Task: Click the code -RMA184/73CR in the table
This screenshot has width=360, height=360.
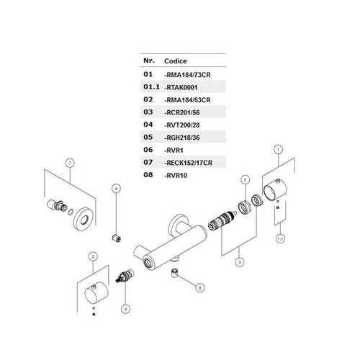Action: pyautogui.click(x=187, y=75)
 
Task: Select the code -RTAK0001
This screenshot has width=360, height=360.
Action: pyautogui.click(x=181, y=87)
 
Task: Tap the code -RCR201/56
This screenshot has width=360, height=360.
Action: pyautogui.click(x=182, y=112)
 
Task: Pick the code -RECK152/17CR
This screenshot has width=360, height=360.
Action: pyautogui.click(x=189, y=163)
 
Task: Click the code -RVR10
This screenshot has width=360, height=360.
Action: pyautogui.click(x=176, y=176)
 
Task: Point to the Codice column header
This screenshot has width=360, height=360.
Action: pyautogui.click(x=176, y=61)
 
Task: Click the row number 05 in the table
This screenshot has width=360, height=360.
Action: pyautogui.click(x=148, y=137)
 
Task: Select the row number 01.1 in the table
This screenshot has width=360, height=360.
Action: pyautogui.click(x=151, y=86)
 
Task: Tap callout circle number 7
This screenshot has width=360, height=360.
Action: pyautogui.click(x=70, y=163)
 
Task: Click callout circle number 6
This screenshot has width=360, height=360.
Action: pyautogui.click(x=116, y=189)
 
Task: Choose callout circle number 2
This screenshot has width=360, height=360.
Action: pyautogui.click(x=93, y=256)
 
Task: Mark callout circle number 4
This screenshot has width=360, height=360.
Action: pyautogui.click(x=126, y=309)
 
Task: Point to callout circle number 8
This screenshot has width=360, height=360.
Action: pyautogui.click(x=200, y=287)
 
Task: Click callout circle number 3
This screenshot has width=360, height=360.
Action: pyautogui.click(x=240, y=262)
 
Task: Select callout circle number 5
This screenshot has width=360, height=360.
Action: pyautogui.click(x=245, y=179)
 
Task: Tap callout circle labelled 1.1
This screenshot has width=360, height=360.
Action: pyautogui.click(x=280, y=238)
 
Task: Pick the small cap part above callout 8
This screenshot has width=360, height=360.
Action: pyautogui.click(x=175, y=273)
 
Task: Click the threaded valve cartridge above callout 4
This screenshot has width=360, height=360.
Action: pyautogui.click(x=125, y=276)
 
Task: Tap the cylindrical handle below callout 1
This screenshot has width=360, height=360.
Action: pyautogui.click(x=275, y=189)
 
